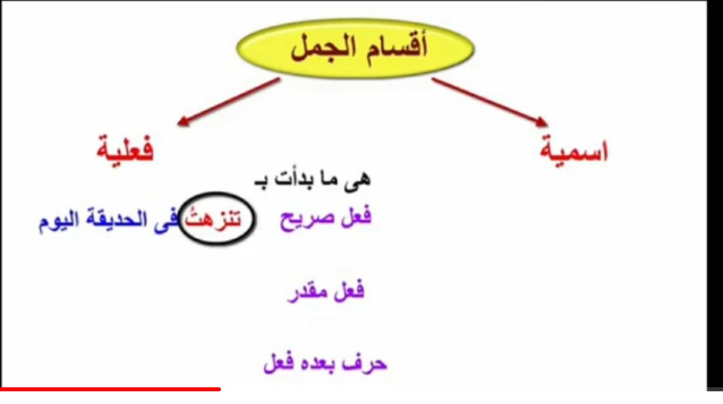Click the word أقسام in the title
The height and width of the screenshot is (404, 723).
(x=397, y=46)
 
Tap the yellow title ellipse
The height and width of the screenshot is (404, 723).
(x=355, y=48)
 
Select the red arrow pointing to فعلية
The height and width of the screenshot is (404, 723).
(x=229, y=102)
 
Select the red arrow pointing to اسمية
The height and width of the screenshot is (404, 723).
(x=489, y=102)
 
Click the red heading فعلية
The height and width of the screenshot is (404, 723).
(x=125, y=149)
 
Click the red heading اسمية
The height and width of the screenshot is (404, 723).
(x=574, y=149)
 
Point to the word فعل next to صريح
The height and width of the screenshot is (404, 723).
(x=356, y=216)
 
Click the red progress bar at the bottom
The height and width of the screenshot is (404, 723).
(x=110, y=389)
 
